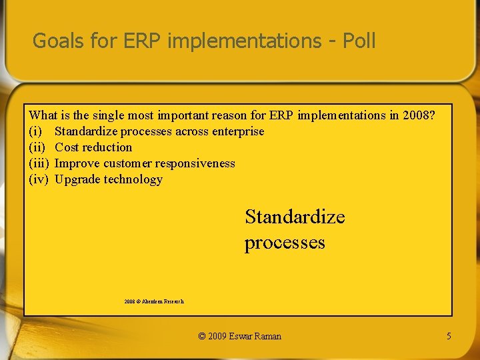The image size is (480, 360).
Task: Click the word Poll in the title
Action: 359,41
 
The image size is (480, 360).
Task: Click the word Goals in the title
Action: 58,41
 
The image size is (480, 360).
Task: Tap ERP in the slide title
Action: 143,41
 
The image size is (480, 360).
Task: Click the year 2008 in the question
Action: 419,115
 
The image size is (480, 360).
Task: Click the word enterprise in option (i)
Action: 238,131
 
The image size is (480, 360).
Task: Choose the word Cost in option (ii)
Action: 66,147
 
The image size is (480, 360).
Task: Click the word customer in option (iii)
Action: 127,163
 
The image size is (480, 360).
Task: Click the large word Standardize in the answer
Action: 295,217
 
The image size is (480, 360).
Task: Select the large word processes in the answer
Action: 285,242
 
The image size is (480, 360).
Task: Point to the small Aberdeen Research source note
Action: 154,301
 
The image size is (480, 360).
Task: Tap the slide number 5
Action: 449,336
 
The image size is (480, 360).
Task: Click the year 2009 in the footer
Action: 218,336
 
